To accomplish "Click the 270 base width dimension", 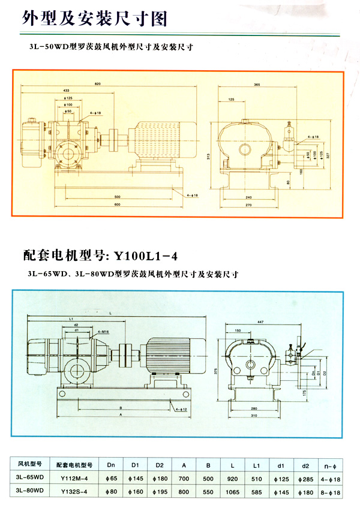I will pos(248,205).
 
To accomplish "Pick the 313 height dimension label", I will pos(205,157).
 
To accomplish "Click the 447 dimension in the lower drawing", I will pos(259,322).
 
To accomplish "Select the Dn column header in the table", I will pos(112,464).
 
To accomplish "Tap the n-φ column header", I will pos(332,464).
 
